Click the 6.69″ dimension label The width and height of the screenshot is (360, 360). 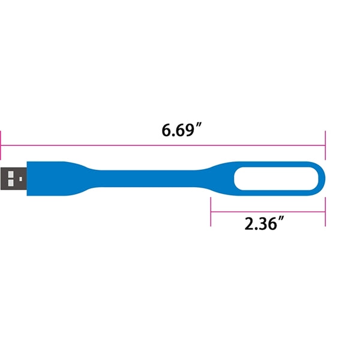(x=181, y=130)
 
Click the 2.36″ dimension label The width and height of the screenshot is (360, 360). (x=264, y=223)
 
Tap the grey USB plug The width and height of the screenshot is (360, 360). (x=14, y=179)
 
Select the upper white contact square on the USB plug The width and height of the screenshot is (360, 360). (x=11, y=175)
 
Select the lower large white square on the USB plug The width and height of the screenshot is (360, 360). (x=11, y=183)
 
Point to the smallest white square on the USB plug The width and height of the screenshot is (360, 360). (x=20, y=179)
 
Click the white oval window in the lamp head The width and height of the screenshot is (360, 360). (x=276, y=179)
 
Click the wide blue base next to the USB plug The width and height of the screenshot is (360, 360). (x=50, y=179)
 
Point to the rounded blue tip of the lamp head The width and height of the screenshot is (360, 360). (x=322, y=179)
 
